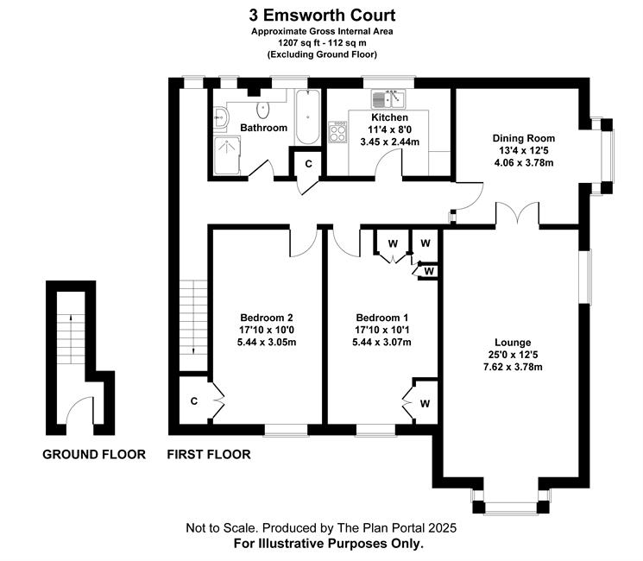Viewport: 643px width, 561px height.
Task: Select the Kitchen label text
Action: tap(389, 117)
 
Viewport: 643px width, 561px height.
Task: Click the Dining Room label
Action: tap(523, 138)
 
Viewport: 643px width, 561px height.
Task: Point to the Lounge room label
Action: tap(513, 342)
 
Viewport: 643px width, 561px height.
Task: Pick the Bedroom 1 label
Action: tap(382, 316)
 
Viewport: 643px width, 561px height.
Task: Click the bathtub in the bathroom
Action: tap(306, 118)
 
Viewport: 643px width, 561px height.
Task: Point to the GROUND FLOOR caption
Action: tap(93, 455)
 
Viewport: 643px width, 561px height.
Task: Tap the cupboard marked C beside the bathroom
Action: tap(306, 163)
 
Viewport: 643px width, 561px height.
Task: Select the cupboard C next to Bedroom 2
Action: tap(194, 400)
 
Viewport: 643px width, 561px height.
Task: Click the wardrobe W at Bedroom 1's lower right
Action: tap(425, 402)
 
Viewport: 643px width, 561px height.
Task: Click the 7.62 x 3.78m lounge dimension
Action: tap(513, 368)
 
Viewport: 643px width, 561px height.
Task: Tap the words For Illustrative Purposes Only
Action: tap(328, 545)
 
